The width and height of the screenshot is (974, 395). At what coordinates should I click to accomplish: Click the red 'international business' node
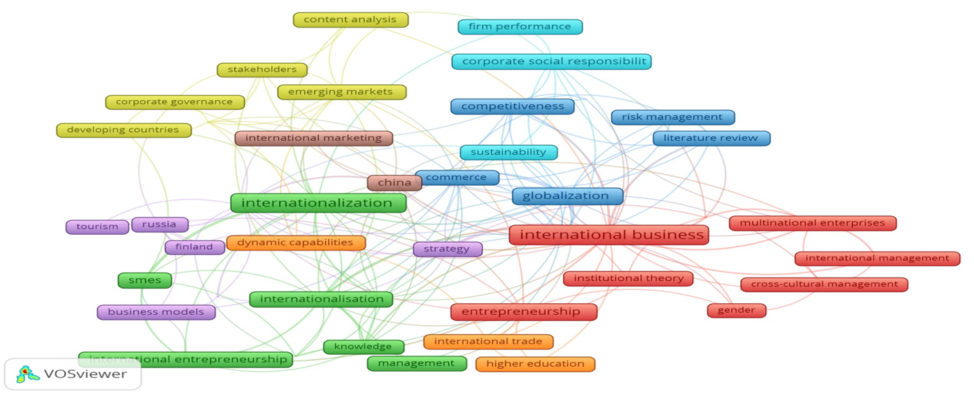click(x=609, y=235)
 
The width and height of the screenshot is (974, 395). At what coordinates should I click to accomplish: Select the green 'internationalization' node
click(x=318, y=203)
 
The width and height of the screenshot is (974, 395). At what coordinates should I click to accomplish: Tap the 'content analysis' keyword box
click(x=350, y=19)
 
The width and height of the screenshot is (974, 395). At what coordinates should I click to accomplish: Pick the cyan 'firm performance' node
click(x=520, y=27)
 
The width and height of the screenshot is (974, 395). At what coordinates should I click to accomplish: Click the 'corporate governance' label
click(x=175, y=102)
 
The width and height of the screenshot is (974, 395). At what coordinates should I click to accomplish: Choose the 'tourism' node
click(x=97, y=227)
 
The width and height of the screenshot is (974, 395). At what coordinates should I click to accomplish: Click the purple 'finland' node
click(x=195, y=247)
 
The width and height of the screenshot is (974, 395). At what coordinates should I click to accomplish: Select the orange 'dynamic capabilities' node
click(x=296, y=242)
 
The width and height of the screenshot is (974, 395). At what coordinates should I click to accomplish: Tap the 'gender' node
click(x=737, y=310)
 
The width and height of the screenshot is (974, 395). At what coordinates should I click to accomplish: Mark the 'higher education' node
click(x=535, y=364)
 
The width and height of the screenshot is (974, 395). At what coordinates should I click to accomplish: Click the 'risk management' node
click(x=673, y=117)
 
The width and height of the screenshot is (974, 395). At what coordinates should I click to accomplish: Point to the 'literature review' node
click(x=711, y=138)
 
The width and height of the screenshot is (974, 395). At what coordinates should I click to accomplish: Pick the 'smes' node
click(x=145, y=280)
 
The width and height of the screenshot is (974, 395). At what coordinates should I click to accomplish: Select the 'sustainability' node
click(x=508, y=152)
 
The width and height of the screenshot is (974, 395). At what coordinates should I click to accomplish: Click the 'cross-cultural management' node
click(x=824, y=284)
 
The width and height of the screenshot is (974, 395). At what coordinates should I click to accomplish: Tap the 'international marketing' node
click(x=314, y=138)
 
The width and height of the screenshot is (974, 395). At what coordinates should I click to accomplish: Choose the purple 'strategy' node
click(x=447, y=249)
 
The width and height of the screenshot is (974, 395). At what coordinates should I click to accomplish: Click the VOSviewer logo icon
click(x=28, y=374)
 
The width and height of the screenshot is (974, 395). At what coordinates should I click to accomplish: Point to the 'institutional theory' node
click(x=628, y=278)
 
